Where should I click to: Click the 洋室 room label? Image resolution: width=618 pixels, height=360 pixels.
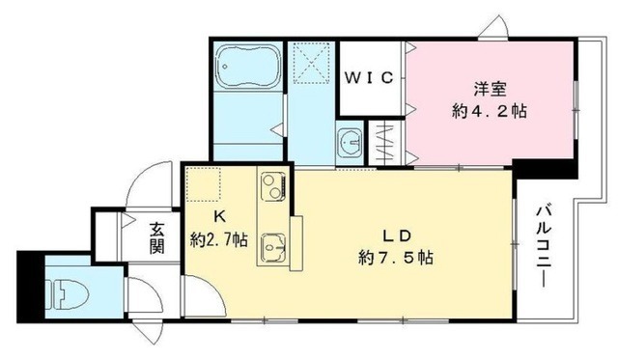coord(490,90)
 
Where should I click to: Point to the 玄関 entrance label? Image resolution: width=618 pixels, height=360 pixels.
coord(156,237)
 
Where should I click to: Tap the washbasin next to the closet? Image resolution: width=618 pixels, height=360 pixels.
coord(350,142)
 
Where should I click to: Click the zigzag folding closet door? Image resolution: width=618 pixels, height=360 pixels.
coord(382,142)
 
